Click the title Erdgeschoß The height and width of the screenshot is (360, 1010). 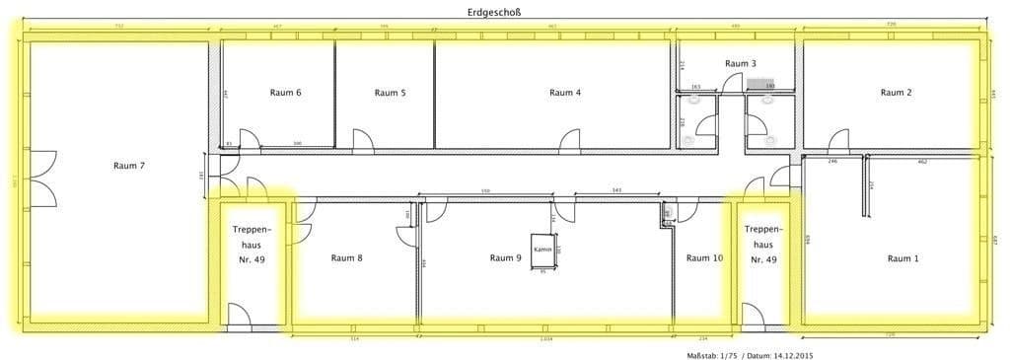494,12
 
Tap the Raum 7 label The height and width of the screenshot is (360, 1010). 129,166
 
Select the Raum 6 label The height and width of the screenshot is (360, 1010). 285,93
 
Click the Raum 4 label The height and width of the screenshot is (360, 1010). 565,93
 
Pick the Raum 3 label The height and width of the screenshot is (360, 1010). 741,63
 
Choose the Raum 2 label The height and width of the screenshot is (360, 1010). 896,93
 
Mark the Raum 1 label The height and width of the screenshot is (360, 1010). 902,258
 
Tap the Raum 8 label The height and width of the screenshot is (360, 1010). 346,258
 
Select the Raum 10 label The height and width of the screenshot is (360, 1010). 704,258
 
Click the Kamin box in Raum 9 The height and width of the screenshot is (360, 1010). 543,250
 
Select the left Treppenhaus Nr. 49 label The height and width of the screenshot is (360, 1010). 252,244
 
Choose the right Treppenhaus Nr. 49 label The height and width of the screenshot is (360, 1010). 763,244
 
